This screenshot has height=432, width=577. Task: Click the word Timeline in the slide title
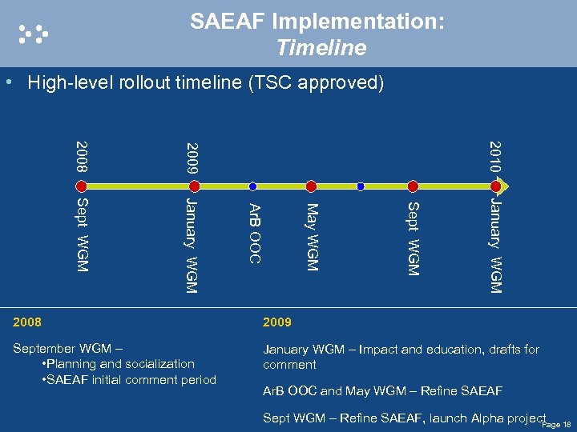coord(321,48)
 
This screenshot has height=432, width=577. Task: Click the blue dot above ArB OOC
coord(252,186)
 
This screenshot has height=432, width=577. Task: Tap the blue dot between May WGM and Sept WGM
coord(361,186)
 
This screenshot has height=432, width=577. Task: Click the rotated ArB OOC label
coord(253,233)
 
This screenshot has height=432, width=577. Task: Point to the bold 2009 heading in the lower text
coord(277,322)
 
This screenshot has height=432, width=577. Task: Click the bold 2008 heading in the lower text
coord(27,322)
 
